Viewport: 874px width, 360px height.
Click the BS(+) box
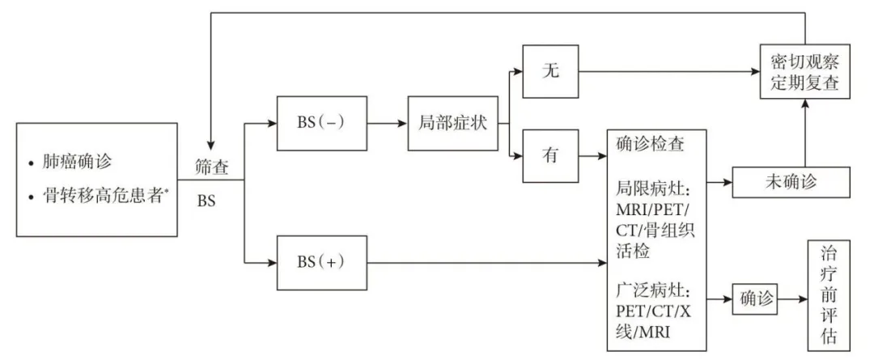tap(321, 262)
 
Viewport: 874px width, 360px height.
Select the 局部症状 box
tap(452, 125)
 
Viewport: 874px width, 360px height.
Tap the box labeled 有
tap(551, 156)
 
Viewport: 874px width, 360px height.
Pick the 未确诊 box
tap(791, 182)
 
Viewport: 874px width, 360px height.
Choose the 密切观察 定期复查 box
tap(804, 71)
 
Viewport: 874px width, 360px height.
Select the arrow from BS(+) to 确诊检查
tap(486, 262)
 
